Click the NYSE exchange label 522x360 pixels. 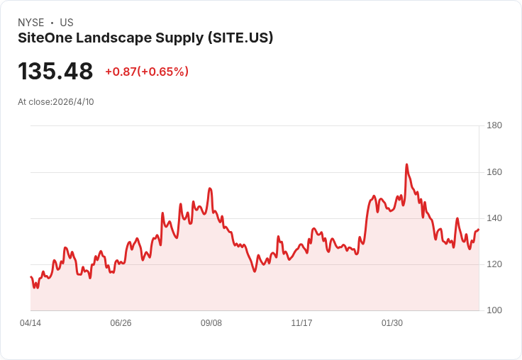(31, 23)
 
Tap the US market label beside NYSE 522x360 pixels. (67, 23)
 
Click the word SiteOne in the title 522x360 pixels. (44, 38)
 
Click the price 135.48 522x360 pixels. (55, 72)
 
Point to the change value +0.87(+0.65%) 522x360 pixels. (147, 72)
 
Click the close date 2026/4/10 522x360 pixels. (73, 102)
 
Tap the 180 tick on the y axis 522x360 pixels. (494, 125)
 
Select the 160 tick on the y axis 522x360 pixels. (494, 172)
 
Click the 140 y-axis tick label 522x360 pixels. (494, 218)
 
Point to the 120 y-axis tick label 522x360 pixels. (494, 264)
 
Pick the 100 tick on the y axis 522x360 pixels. (494, 310)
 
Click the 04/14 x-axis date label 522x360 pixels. (30, 323)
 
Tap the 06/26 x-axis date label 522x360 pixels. (121, 323)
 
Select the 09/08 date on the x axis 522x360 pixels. (211, 323)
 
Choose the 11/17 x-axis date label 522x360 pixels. (301, 323)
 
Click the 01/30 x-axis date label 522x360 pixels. (392, 323)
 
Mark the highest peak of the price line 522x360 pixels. (406, 164)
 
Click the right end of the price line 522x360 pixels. (479, 229)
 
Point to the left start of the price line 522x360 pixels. (30, 276)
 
